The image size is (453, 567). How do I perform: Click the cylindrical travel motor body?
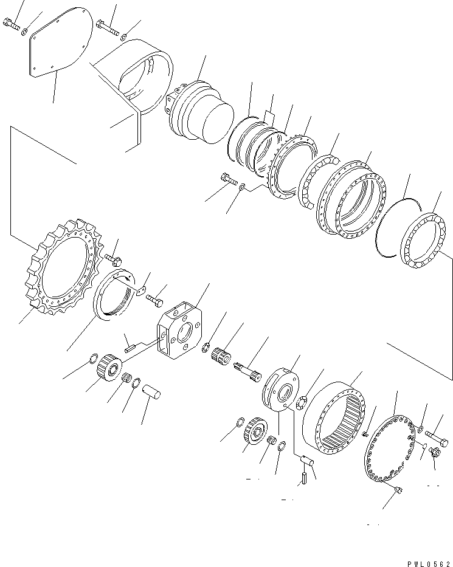click(x=201, y=119)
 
